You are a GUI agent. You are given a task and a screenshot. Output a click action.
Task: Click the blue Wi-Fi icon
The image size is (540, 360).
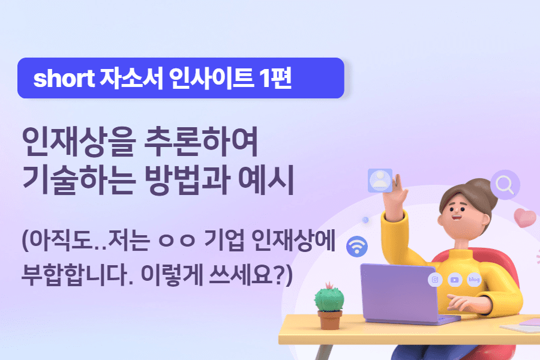(x=358, y=245)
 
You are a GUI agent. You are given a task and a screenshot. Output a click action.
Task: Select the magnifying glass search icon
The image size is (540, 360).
(x=505, y=185)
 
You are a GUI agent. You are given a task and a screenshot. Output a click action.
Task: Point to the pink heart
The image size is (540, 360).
(x=525, y=218)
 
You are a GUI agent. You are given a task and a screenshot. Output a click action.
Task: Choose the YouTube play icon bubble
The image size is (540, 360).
(x=455, y=279)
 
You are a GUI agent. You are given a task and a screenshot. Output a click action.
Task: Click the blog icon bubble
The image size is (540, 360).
(x=474, y=279)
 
